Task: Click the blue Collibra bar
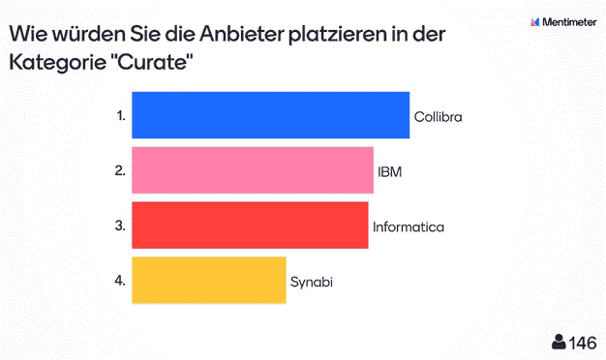[270, 115]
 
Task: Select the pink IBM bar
[252, 170]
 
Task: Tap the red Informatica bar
[249, 225]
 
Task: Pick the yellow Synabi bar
[208, 281]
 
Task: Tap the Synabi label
[312, 282]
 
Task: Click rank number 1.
[120, 115]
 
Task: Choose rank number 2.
[120, 170]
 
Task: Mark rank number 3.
[120, 225]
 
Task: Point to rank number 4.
[120, 281]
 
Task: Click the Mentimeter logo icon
[536, 20]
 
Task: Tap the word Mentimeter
[571, 20]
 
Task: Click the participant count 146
[583, 342]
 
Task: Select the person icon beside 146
[559, 342]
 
